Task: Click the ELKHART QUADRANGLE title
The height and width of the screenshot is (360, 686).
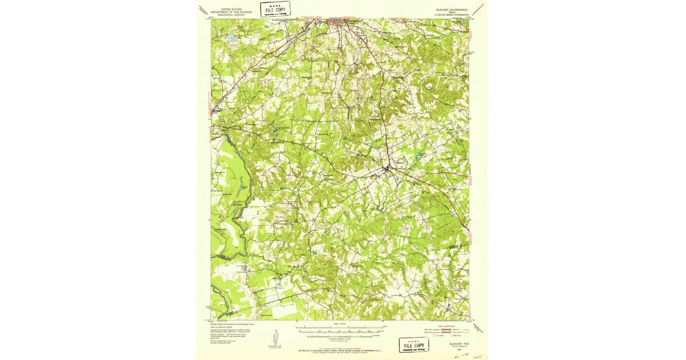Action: (x=452, y=9)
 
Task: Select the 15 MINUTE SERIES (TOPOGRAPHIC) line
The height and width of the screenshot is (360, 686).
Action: (x=452, y=15)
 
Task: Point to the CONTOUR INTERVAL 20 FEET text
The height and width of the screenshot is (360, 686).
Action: (x=341, y=339)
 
